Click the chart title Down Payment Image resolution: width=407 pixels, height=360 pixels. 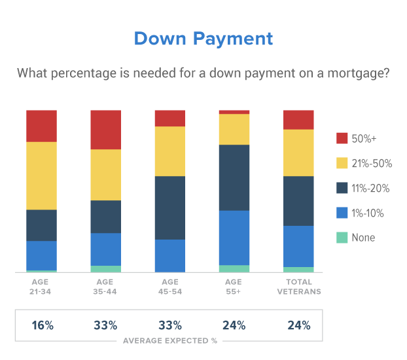(x=203, y=39)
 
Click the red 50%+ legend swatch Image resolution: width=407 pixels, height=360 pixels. (x=342, y=138)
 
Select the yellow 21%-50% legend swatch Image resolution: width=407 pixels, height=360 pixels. (x=342, y=163)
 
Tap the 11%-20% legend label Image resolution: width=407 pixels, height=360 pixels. (x=370, y=188)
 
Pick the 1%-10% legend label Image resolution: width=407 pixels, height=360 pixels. (x=368, y=213)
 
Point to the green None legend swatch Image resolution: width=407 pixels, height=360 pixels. (x=342, y=238)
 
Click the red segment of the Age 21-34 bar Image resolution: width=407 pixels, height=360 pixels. (x=41, y=126)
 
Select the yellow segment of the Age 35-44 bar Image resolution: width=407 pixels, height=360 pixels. (x=105, y=175)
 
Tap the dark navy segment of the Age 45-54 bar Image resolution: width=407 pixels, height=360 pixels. (x=170, y=207)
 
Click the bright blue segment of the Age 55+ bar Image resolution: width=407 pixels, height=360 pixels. (x=234, y=238)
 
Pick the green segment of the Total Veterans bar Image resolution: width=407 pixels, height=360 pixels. (x=298, y=270)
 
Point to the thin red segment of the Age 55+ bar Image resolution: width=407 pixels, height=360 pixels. (x=234, y=112)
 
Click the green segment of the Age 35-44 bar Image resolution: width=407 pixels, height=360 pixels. (x=105, y=269)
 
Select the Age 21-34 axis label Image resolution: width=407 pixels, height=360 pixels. (x=40, y=287)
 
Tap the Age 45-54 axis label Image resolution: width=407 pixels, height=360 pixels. (x=170, y=287)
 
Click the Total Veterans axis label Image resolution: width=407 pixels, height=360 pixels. (x=299, y=287)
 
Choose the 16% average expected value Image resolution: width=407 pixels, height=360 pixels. (x=43, y=325)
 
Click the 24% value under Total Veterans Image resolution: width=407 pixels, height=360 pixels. (x=299, y=325)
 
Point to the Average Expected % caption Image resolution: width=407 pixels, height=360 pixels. (x=170, y=340)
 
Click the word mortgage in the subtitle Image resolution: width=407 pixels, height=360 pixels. (x=358, y=73)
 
